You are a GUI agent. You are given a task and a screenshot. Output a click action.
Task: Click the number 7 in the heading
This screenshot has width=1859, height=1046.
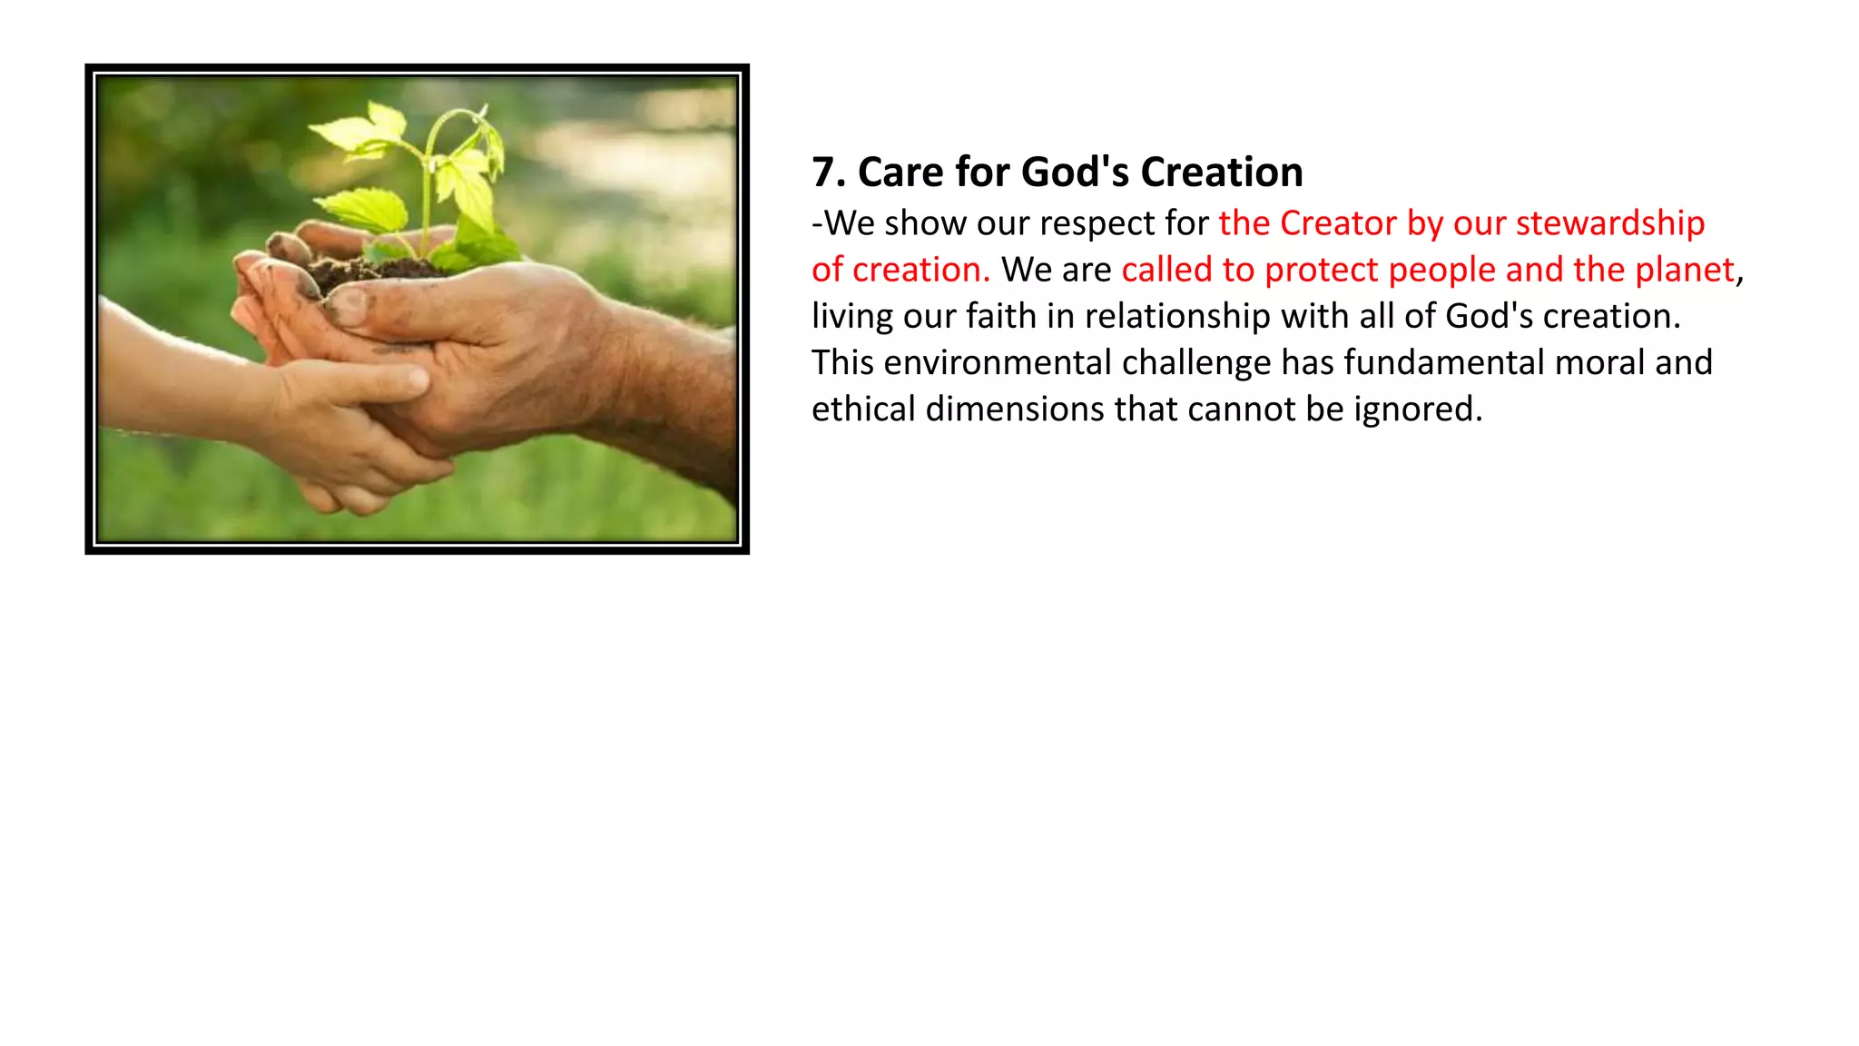pos(822,173)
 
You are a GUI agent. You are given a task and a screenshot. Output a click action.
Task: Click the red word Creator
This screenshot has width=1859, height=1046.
pos(1338,223)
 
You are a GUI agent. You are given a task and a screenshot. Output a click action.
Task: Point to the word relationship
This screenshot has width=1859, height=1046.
pos(1177,317)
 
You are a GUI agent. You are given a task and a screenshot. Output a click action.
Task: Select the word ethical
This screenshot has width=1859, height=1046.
pos(863,409)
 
